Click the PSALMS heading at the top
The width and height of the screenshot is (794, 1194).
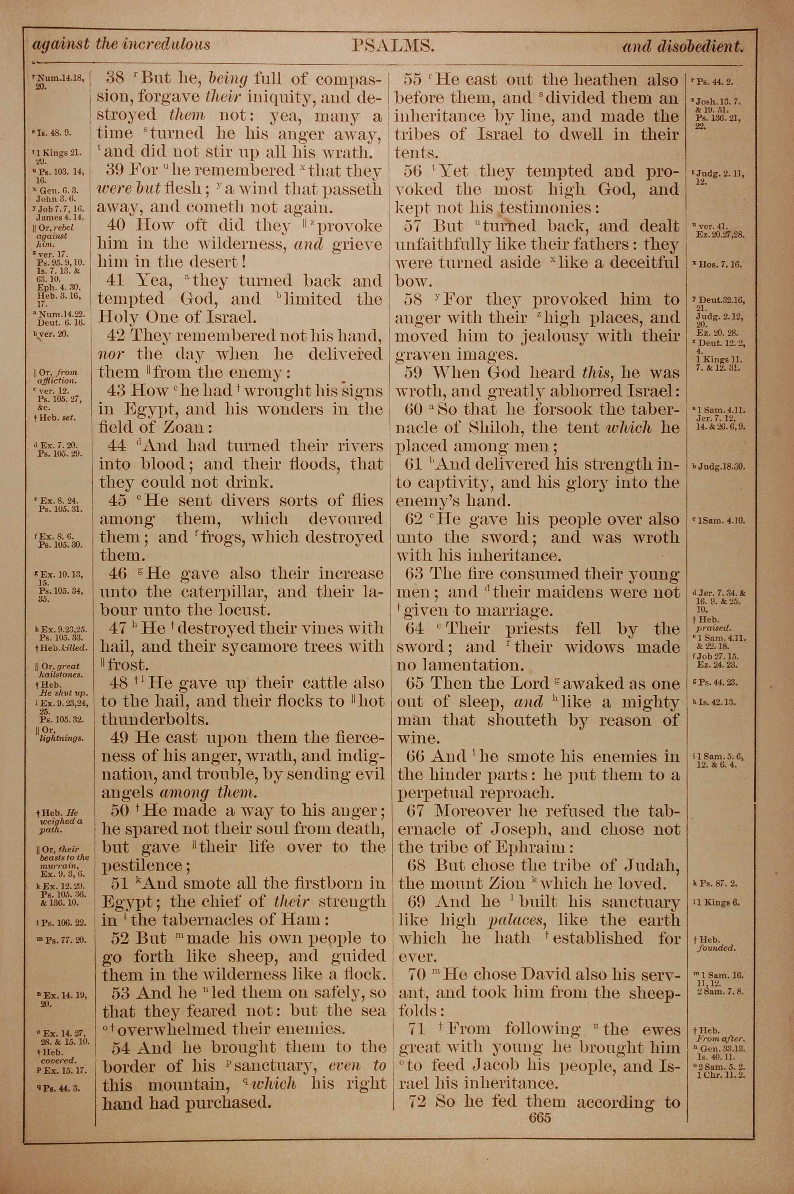(393, 46)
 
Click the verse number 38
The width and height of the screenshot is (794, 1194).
(115, 79)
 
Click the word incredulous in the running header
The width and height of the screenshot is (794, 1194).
(167, 44)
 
